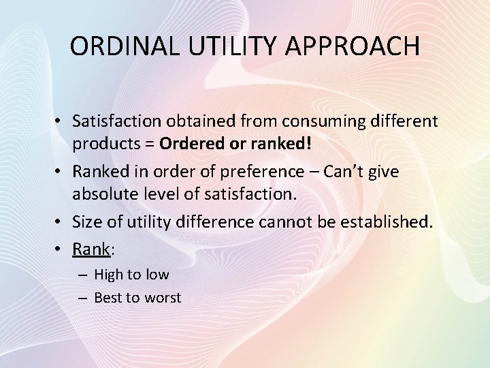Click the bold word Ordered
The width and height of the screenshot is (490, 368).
click(193, 145)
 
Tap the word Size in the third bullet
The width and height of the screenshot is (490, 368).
click(88, 221)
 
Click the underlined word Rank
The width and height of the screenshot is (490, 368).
click(91, 249)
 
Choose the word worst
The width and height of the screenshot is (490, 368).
click(163, 298)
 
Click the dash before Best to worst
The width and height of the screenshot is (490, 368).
click(81, 298)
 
